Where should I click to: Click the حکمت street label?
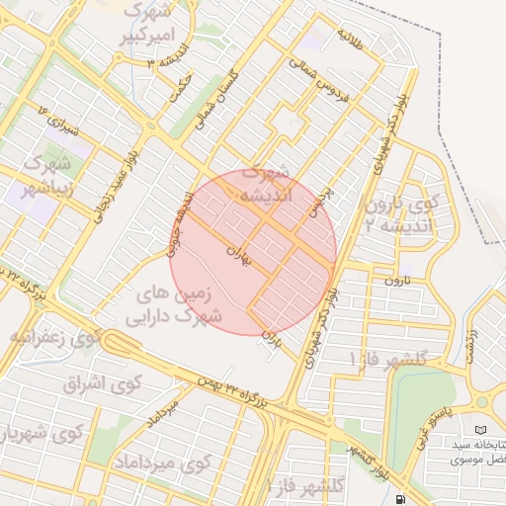(x=180, y=86)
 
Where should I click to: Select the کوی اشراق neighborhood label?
(x=104, y=382)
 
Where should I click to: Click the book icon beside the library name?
(x=480, y=431)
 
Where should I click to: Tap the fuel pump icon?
(x=399, y=499)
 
